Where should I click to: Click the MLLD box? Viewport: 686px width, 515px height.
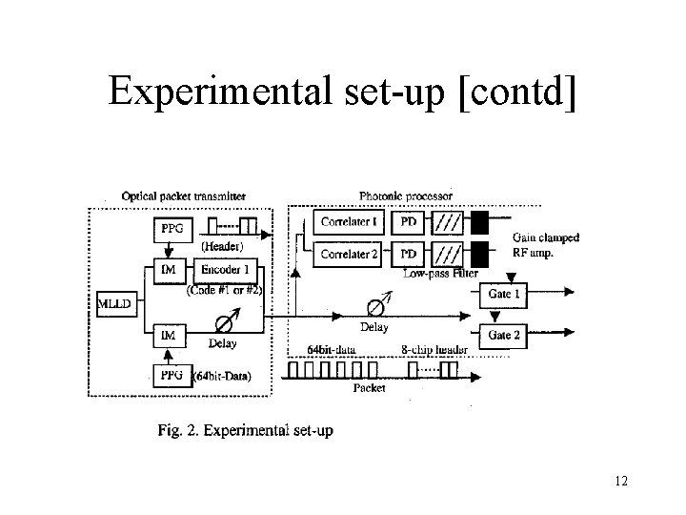(114, 304)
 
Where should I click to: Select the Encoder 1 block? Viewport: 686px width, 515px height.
(223, 272)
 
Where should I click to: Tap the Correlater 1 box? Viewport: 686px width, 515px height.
(350, 223)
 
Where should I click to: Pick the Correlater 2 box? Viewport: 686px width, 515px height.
(350, 255)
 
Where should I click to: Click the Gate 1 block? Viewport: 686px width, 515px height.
(503, 295)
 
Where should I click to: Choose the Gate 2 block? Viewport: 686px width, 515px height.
(503, 335)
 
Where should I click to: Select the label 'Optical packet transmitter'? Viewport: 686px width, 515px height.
(183, 196)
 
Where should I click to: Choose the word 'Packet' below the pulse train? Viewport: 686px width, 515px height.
(369, 388)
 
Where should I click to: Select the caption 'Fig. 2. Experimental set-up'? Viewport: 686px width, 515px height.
(245, 431)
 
